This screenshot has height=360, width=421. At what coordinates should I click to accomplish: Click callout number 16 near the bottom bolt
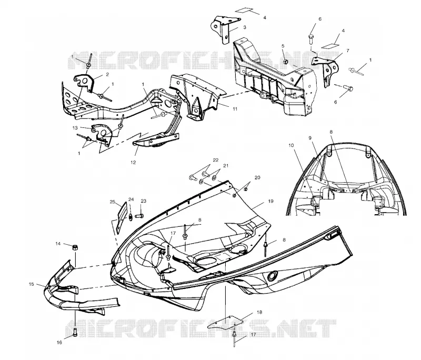(x=59, y=342)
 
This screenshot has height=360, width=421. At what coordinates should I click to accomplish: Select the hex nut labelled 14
(x=75, y=247)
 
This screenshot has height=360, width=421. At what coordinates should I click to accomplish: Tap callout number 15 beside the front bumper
(x=32, y=284)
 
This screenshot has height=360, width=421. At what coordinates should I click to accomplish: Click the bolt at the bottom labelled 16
(x=75, y=332)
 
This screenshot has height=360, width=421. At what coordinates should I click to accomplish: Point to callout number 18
(x=259, y=312)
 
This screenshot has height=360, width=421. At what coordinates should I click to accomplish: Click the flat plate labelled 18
(x=226, y=323)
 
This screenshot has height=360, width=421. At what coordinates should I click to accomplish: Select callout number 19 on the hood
(x=270, y=201)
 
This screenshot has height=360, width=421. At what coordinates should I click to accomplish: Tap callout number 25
(x=113, y=202)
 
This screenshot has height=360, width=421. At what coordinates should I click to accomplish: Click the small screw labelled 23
(x=139, y=215)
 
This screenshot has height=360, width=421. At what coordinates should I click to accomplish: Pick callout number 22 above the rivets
(x=216, y=160)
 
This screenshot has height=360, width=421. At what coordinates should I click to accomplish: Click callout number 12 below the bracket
(x=133, y=162)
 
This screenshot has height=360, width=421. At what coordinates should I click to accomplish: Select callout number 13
(x=75, y=127)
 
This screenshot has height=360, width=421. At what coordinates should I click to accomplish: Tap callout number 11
(x=235, y=109)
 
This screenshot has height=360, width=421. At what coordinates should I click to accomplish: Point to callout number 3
(x=245, y=27)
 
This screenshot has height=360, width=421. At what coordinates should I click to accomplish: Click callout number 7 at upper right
(x=348, y=50)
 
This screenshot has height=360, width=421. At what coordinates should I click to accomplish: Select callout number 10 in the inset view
(x=292, y=145)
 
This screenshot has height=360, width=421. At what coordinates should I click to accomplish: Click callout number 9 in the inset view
(x=310, y=138)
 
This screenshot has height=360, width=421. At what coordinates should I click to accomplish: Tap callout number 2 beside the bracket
(x=107, y=74)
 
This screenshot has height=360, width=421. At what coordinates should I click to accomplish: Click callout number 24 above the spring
(x=131, y=199)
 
